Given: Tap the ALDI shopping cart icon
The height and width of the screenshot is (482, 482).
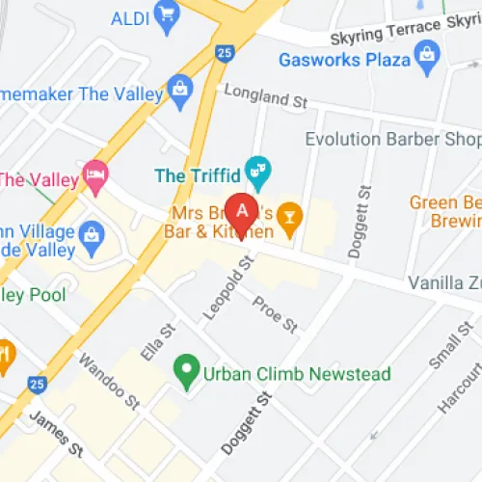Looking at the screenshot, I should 170,16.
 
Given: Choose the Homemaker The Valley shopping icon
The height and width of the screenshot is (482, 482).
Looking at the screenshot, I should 179,91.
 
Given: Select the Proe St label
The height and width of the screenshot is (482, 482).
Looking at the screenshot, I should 276,315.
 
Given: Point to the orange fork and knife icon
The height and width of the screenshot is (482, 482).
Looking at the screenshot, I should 4,354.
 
